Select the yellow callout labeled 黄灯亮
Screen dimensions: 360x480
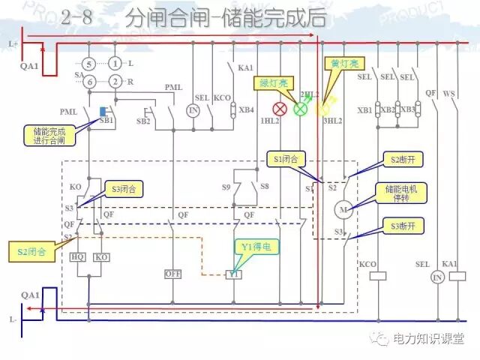(340, 64)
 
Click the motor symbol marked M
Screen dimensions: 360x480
(346, 209)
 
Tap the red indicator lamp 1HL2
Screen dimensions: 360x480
(280, 109)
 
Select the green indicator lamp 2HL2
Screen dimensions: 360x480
(301, 109)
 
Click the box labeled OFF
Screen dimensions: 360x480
(173, 274)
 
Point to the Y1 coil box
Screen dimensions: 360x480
(234, 274)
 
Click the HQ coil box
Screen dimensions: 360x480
(78, 256)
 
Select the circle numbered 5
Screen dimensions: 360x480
(88, 64)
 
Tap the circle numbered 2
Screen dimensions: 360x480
(115, 80)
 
